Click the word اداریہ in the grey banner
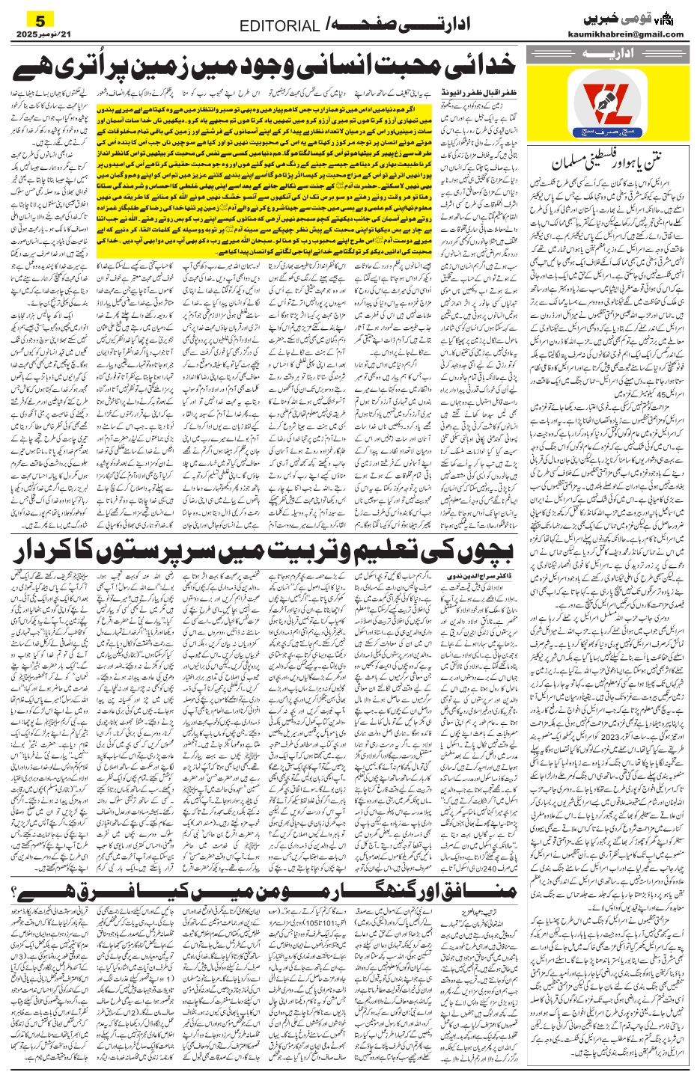pos(605,55)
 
